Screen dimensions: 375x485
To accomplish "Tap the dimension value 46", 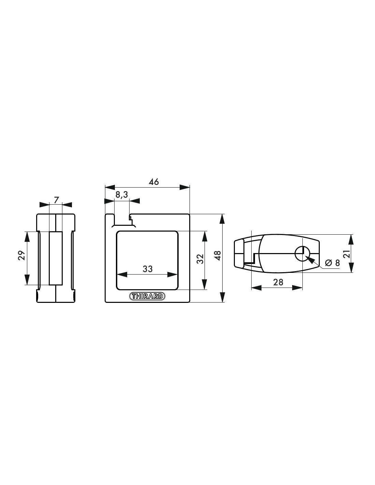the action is coord(154,182).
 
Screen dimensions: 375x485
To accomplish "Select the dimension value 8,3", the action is coord(122,195).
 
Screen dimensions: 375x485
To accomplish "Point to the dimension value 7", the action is coord(56,200).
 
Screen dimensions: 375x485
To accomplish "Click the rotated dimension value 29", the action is coord(21,256).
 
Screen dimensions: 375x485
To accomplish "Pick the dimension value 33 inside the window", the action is coord(148,269).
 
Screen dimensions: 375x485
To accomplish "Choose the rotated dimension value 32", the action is coord(200,259).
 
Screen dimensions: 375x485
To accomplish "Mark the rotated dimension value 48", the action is coord(217,256).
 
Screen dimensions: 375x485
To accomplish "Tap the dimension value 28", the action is coord(278,282).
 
